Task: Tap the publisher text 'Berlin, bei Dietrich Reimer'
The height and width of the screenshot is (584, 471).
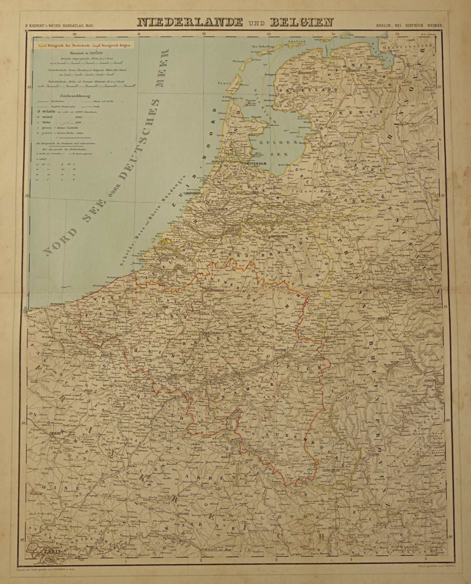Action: [408, 25]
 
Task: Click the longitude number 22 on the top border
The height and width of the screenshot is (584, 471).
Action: [204, 34]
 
